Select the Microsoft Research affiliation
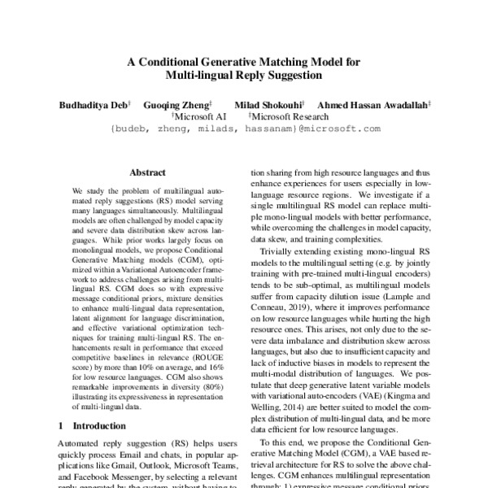(x=286, y=117)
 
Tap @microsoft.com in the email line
(x=339, y=129)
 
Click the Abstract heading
(x=147, y=172)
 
